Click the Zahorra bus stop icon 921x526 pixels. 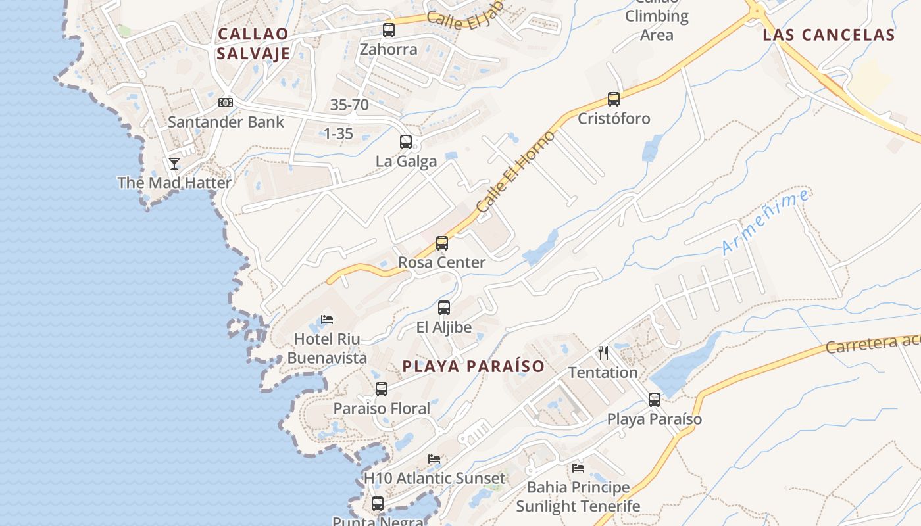[x=389, y=30]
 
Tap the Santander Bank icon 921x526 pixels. [x=226, y=103]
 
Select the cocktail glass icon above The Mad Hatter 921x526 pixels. [x=174, y=163]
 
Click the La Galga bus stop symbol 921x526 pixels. [x=406, y=142]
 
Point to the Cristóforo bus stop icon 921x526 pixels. [x=614, y=99]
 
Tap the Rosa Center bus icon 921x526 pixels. [x=442, y=243]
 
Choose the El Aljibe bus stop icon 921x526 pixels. [x=444, y=308]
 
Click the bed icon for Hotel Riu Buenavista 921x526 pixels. [x=327, y=320]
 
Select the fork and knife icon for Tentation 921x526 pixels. [x=603, y=353]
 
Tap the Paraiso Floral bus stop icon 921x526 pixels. [x=382, y=389]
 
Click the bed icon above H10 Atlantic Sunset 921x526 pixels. [x=434, y=459]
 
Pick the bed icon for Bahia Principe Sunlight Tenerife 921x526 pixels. [x=578, y=468]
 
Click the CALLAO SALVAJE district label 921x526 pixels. [x=253, y=43]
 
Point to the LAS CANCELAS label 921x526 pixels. [x=829, y=35]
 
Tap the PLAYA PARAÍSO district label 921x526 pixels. [x=474, y=366]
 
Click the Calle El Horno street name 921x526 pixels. [x=516, y=172]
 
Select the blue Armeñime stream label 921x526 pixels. [x=765, y=222]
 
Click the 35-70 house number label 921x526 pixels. [x=349, y=105]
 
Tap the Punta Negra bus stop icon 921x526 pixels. [x=378, y=504]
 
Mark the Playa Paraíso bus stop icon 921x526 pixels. [x=655, y=400]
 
